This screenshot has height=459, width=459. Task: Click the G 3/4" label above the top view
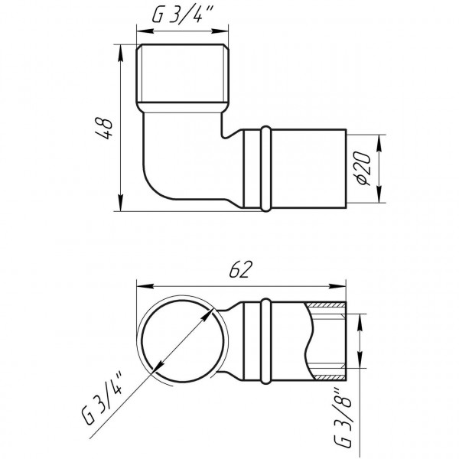point(183,16)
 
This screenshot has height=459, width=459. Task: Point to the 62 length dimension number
point(241,269)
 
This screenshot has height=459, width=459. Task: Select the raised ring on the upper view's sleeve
point(264,169)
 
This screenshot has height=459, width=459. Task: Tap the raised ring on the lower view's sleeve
point(264,341)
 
